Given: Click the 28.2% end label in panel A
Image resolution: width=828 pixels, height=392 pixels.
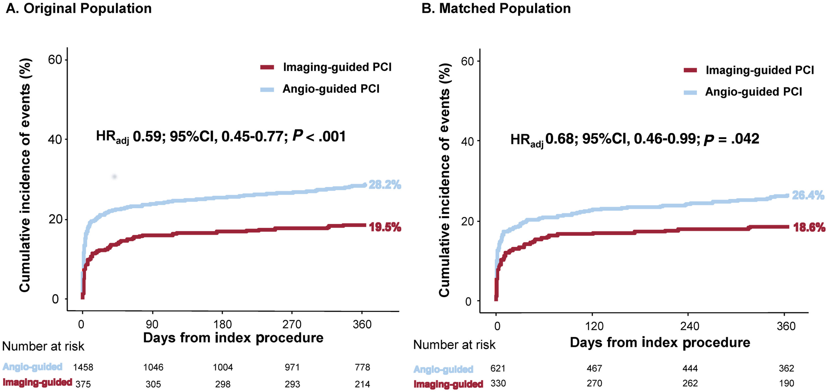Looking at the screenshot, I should pyautogui.click(x=385, y=185).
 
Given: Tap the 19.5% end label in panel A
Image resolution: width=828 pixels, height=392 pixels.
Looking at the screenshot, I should pyautogui.click(x=385, y=227).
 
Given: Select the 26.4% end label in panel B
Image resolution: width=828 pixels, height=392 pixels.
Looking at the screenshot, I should pyautogui.click(x=808, y=195).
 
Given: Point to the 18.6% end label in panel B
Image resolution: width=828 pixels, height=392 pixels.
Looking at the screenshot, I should pyautogui.click(x=809, y=227).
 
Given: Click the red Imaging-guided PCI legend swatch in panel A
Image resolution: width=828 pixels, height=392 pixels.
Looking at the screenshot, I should pyautogui.click(x=267, y=67).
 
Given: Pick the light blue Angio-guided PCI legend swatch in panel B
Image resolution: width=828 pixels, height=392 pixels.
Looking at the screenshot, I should pyautogui.click(x=690, y=92).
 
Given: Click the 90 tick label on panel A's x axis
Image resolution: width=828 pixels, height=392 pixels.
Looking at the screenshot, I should pyautogui.click(x=152, y=324).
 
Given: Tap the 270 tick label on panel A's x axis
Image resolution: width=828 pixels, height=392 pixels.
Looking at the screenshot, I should pyautogui.click(x=292, y=324).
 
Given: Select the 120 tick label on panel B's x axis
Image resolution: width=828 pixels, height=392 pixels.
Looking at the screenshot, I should pyautogui.click(x=594, y=326).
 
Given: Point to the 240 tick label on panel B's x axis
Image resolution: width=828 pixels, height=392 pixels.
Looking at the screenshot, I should pyautogui.click(x=689, y=326).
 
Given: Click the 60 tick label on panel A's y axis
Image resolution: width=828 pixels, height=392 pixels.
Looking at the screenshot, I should pyautogui.click(x=55, y=60).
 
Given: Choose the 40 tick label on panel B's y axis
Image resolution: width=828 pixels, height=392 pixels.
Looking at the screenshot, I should pyautogui.click(x=468, y=142).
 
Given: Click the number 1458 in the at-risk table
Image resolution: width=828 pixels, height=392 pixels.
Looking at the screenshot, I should pyautogui.click(x=83, y=367).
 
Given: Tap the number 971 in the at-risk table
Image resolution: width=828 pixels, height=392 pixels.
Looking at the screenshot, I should pyautogui.click(x=292, y=367).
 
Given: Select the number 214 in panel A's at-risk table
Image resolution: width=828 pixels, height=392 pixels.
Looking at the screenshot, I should pyautogui.click(x=362, y=384).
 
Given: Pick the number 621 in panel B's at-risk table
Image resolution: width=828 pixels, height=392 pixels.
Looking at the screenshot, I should pyautogui.click(x=498, y=368).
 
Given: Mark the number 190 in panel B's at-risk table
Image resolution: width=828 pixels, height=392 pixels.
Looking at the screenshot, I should pyautogui.click(x=786, y=383).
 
